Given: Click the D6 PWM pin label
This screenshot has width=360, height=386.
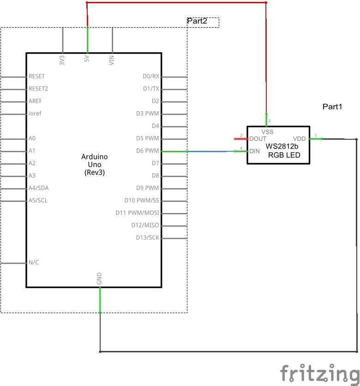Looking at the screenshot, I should click(148, 151).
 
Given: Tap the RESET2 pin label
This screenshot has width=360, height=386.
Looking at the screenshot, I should click(38, 89).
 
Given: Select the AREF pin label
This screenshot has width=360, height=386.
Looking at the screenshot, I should click(35, 101).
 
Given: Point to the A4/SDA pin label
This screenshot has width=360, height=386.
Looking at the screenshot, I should click(38, 188).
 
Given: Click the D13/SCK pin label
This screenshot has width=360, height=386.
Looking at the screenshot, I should click(147, 238).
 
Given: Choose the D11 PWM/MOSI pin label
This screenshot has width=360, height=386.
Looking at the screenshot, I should click(138, 213).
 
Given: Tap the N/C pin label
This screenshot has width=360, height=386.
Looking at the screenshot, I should click(34, 263).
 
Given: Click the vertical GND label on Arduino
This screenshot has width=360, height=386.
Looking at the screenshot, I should click(99, 279).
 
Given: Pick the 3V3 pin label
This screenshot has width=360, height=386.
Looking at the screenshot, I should click(62, 60).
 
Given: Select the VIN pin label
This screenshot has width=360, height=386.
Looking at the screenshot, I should click(112, 60).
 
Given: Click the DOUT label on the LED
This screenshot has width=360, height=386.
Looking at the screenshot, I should click(258, 139).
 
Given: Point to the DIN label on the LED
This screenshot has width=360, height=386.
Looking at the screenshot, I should click(255, 151).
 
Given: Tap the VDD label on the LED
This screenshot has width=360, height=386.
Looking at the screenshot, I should click(299, 138).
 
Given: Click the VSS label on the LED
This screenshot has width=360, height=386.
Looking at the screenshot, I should click(267, 132).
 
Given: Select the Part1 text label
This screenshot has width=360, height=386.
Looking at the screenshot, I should click(332, 107).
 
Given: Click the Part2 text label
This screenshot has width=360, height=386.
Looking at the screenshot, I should click(197, 21).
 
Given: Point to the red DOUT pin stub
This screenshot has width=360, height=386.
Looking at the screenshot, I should click(240, 138).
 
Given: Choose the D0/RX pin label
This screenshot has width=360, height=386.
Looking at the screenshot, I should click(151, 76).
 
